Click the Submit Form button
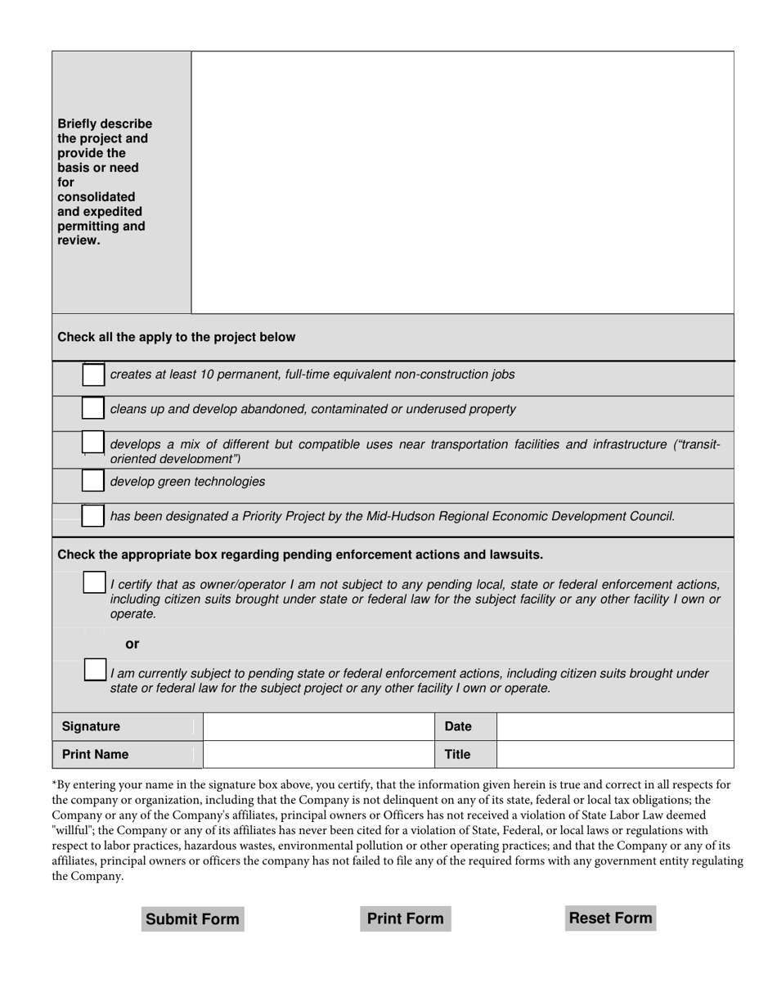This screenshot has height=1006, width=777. pyautogui.click(x=192, y=918)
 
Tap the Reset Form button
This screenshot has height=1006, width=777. pyautogui.click(x=610, y=918)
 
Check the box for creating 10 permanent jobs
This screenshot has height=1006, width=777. pyautogui.click(x=93, y=375)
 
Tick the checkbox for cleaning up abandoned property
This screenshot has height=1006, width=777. pyautogui.click(x=93, y=408)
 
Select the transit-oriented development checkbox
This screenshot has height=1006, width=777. pyautogui.click(x=93, y=443)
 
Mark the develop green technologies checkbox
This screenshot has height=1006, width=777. pyautogui.click(x=93, y=481)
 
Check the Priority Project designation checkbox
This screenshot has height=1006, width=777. pyautogui.click(x=93, y=516)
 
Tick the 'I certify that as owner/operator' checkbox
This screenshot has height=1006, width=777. pyautogui.click(x=94, y=583)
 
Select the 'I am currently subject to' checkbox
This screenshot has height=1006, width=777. pyautogui.click(x=95, y=670)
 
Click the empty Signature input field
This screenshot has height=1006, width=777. pyautogui.click(x=318, y=726)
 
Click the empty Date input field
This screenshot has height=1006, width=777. pyautogui.click(x=614, y=726)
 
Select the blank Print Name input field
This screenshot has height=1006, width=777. pyautogui.click(x=318, y=754)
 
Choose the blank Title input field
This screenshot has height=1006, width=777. pyautogui.click(x=614, y=754)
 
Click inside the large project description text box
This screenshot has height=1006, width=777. pyautogui.click(x=462, y=182)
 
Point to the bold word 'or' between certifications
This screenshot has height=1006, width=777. pyautogui.click(x=132, y=644)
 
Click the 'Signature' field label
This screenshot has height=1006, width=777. pyautogui.click(x=91, y=726)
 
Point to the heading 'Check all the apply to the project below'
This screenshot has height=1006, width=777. pyautogui.click(x=177, y=337)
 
